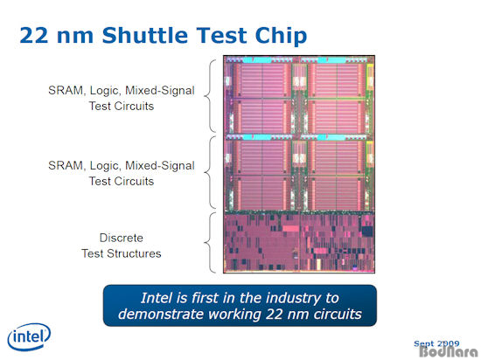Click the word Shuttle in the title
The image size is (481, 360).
click(x=146, y=35)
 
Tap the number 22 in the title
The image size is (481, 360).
click(x=34, y=35)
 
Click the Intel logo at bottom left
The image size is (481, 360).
click(x=29, y=336)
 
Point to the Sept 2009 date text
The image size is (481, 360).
click(x=436, y=343)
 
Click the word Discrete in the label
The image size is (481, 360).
click(x=122, y=238)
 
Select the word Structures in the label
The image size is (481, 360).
click(x=134, y=253)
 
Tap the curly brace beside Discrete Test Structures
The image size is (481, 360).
click(x=210, y=243)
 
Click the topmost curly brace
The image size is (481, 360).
click(x=210, y=96)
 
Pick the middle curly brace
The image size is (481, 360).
click(x=210, y=172)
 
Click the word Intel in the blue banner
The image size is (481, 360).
click(x=154, y=298)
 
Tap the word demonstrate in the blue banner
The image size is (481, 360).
click(x=161, y=315)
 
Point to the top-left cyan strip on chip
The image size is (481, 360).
click(x=257, y=60)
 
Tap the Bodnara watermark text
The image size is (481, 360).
click(x=448, y=352)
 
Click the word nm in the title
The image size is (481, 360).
click(x=75, y=37)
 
